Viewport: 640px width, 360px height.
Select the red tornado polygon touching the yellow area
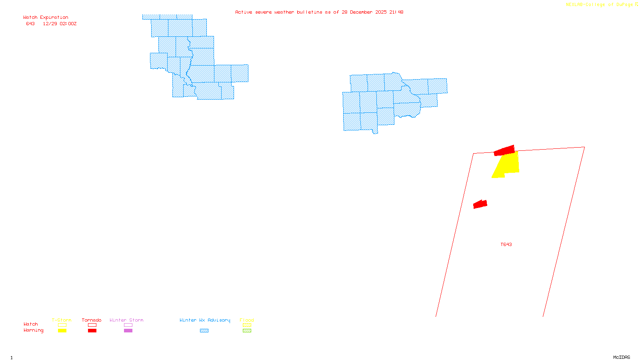click(504, 150)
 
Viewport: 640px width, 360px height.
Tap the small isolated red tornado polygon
click(480, 204)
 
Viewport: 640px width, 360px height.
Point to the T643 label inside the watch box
click(506, 244)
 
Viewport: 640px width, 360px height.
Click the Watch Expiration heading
click(46, 18)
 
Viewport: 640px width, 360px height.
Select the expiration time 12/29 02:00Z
click(60, 24)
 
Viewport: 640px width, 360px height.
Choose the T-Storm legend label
click(62, 320)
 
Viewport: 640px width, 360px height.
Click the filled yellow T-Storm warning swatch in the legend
click(62, 331)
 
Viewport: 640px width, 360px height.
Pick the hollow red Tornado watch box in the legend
click(92, 325)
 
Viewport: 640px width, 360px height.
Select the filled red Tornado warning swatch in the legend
click(92, 331)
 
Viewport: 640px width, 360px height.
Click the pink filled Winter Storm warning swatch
click(128, 331)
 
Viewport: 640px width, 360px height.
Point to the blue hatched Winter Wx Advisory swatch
click(204, 331)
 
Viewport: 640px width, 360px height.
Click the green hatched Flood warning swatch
click(247, 331)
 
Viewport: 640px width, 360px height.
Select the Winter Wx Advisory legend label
click(205, 320)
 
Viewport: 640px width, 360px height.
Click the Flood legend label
click(247, 320)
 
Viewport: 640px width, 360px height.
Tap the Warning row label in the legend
click(33, 330)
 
